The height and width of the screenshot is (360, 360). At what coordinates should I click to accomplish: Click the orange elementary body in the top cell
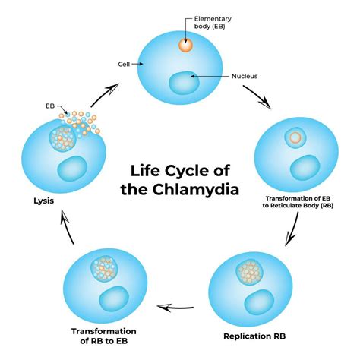185,45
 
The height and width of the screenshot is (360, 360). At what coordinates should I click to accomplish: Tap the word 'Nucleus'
246,76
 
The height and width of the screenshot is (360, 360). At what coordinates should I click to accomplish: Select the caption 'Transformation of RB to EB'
104,336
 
